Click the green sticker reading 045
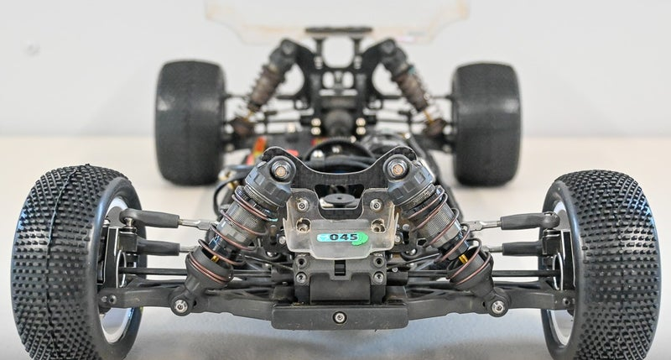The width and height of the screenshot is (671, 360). (342, 237)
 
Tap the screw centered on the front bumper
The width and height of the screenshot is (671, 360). (340, 317)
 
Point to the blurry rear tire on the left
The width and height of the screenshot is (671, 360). (190, 122)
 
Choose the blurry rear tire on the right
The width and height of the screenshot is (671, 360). (486, 124)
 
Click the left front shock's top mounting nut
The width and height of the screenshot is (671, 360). (281, 168)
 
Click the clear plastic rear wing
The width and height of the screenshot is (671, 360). (336, 17)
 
